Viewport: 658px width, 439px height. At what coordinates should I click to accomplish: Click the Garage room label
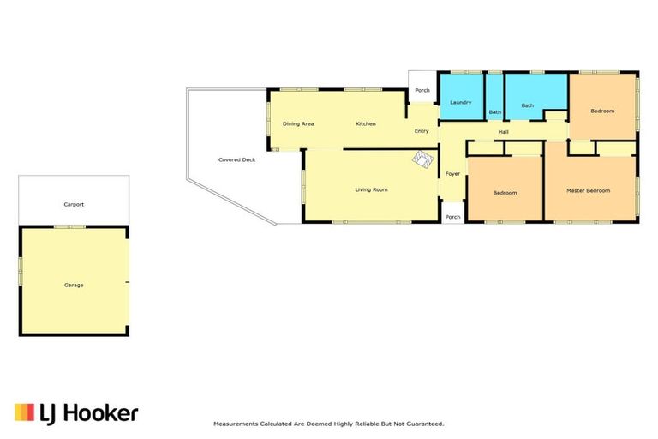pos(74,285)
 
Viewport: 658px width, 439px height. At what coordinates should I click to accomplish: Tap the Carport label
pos(74,205)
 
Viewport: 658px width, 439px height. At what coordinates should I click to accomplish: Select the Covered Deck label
pos(236,159)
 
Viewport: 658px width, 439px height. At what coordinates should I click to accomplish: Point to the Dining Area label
pos(298,124)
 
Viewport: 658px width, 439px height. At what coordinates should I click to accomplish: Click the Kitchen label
pos(366,124)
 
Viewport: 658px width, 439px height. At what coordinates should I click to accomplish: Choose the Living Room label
pos(371,189)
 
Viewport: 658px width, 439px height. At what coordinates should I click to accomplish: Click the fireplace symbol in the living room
pos(423,159)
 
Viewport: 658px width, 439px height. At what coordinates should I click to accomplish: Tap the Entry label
pos(422,131)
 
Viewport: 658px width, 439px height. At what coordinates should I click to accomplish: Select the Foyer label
pos(452,173)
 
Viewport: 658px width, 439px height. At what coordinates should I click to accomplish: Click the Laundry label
pos(460,103)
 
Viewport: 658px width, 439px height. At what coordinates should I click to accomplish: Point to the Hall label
pos(504,132)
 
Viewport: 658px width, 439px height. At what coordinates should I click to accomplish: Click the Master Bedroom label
pos(589,190)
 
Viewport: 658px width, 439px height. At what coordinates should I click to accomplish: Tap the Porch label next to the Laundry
pos(422,90)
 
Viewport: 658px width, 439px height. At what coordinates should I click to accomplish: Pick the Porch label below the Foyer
pos(452,217)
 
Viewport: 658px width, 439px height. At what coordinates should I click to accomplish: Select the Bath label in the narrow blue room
pos(495,112)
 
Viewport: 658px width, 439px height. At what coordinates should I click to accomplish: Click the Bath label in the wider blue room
pos(528,105)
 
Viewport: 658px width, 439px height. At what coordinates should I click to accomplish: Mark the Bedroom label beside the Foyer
pos(505,193)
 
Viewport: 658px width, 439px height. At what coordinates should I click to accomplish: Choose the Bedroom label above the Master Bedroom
pos(602,111)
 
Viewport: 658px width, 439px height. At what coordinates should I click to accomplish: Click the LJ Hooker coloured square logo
pos(24,412)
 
